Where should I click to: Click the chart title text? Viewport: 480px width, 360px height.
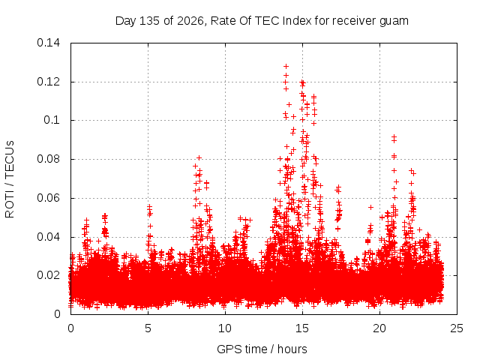[x=262, y=21]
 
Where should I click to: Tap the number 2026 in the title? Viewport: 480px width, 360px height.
[x=190, y=21]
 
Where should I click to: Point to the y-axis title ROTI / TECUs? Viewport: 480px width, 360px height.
[x=10, y=179]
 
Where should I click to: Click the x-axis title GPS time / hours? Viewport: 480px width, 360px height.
[x=262, y=349]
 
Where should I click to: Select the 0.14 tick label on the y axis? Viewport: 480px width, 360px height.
[x=48, y=43]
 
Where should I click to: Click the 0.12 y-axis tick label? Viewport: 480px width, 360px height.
[x=48, y=82]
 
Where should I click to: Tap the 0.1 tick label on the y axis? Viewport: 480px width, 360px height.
[x=52, y=120]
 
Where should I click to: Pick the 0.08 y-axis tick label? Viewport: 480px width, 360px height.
[x=48, y=159]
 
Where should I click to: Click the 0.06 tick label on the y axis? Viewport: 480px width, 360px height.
[x=48, y=198]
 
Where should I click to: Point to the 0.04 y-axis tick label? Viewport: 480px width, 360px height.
[x=48, y=237]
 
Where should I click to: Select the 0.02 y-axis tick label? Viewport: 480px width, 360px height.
[x=48, y=275]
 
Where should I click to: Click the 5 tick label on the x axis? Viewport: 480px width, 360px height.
[x=148, y=328]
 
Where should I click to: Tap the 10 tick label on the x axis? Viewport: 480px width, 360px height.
[x=225, y=328]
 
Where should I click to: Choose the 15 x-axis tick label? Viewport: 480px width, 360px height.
[x=302, y=328]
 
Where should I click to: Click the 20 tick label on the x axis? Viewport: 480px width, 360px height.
[x=379, y=328]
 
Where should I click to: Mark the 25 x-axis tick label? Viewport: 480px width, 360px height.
[x=457, y=328]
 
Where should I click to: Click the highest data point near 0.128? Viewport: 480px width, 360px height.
[x=286, y=66]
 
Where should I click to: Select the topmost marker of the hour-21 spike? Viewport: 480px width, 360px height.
[x=394, y=136]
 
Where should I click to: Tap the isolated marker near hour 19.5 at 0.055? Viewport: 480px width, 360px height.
[x=370, y=207]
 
